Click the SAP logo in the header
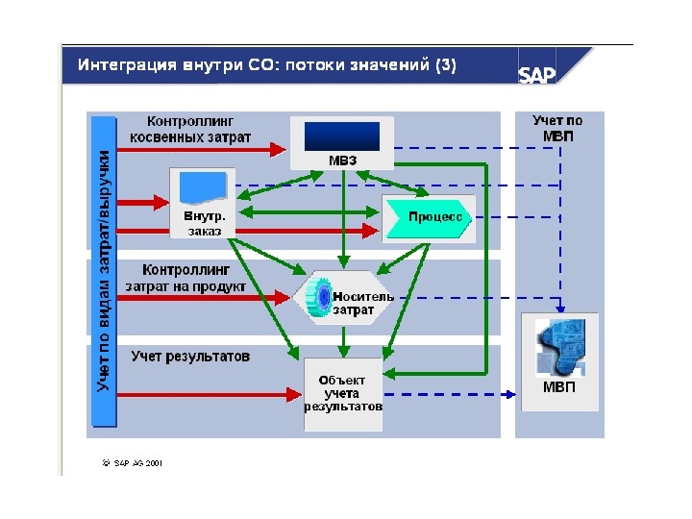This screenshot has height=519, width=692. click(x=537, y=75)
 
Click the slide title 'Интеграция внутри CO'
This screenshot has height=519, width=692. click(x=267, y=65)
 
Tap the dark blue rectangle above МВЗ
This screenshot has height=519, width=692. click(x=342, y=135)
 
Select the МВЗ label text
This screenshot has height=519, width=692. click(x=343, y=160)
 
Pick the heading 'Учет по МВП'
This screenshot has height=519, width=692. click(x=558, y=128)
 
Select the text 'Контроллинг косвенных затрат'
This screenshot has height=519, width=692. click(x=199, y=130)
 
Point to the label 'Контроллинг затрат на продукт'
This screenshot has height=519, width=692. click(x=185, y=278)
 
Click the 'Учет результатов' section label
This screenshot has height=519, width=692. click(x=191, y=356)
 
